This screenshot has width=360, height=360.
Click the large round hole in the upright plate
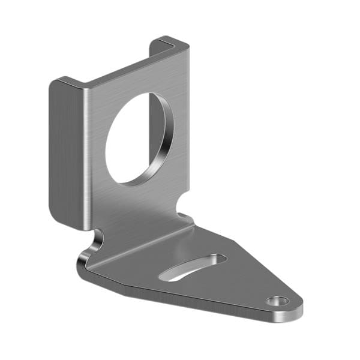(x=137, y=139)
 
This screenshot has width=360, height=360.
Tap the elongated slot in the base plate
(x=192, y=267)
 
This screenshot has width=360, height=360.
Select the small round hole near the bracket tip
(x=277, y=301)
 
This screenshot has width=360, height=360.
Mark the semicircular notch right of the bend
(x=184, y=211)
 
